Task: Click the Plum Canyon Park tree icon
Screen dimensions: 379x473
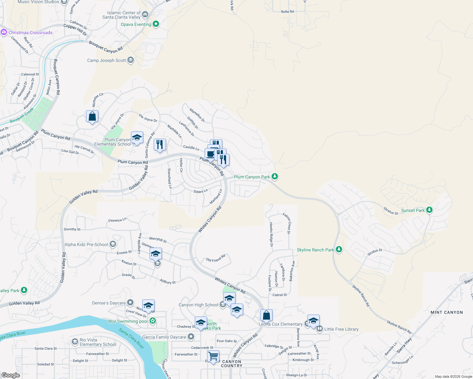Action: tap(275, 177)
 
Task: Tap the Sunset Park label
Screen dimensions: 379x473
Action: tap(413, 210)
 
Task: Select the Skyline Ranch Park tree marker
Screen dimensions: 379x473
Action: tap(339, 250)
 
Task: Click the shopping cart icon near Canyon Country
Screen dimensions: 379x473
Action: tap(213, 356)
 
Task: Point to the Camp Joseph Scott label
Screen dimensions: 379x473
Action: tap(107, 60)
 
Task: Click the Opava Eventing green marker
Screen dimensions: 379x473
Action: tap(156, 24)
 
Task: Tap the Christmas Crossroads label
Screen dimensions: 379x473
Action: tap(30, 33)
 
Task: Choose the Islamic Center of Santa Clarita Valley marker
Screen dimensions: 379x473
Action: tap(145, 14)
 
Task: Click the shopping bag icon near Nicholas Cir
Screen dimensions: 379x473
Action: tap(92, 116)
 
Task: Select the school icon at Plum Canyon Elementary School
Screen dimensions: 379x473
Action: tap(137, 138)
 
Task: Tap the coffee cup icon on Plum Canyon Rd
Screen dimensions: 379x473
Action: tap(210, 154)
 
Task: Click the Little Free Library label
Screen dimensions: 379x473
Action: tap(341, 329)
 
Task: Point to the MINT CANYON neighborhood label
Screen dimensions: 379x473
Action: tap(446, 312)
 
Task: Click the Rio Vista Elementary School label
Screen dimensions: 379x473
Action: tap(98, 342)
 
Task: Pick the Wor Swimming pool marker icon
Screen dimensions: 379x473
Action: tap(153, 321)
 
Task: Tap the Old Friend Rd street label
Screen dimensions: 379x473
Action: tap(216, 258)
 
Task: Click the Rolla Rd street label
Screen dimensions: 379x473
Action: tap(287, 12)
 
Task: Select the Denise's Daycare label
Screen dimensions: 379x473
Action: tap(109, 303)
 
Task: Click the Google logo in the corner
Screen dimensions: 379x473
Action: tap(10, 375)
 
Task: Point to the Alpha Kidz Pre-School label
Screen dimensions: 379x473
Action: tap(86, 244)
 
